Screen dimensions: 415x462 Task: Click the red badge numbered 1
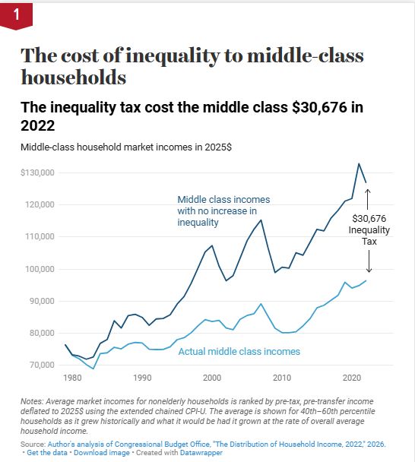click(x=16, y=15)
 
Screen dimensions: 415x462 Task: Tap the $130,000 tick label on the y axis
click(x=37, y=172)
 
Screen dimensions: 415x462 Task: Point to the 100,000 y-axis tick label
click(x=42, y=269)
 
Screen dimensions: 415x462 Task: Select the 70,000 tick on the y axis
click(x=42, y=365)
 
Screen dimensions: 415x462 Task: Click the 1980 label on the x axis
click(x=72, y=378)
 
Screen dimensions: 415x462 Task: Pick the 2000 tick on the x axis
click(x=212, y=378)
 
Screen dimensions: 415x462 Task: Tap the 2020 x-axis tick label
click(x=352, y=378)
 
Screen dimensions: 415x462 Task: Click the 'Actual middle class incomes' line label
click(x=239, y=352)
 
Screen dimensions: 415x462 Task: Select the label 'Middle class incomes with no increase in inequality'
click(x=223, y=211)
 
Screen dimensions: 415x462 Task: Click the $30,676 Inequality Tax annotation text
click(x=369, y=230)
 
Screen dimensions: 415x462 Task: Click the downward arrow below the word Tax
click(x=369, y=261)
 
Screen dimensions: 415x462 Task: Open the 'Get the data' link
click(x=47, y=453)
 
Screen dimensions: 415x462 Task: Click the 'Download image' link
click(x=102, y=453)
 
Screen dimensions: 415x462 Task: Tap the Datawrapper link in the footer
click(x=201, y=453)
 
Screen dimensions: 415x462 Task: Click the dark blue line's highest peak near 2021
click(x=359, y=163)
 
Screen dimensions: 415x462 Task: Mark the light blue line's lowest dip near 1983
click(x=93, y=369)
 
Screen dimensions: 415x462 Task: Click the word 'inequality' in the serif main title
click(x=173, y=56)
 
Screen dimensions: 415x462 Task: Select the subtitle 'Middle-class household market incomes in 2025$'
click(x=126, y=147)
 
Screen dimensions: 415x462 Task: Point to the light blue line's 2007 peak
click(x=261, y=304)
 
